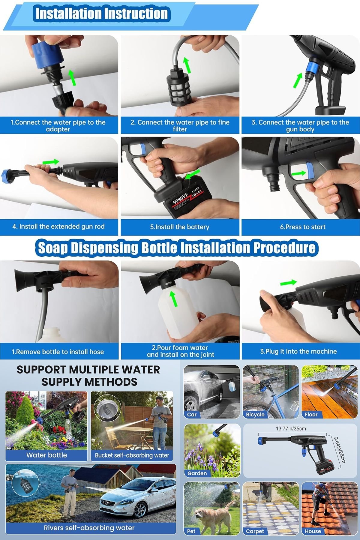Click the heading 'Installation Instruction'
101,13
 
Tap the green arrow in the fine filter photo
187,65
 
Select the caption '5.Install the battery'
180,227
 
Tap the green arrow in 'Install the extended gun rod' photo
51,162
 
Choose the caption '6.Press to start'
303,227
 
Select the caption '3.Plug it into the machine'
298,351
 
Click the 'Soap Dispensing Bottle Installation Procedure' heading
177,248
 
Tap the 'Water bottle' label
46,455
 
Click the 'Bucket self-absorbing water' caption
132,455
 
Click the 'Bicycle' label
255,414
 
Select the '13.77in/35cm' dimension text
291,428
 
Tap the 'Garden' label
197,473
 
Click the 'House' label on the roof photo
313,531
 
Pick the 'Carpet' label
255,531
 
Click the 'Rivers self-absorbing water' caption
89,528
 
